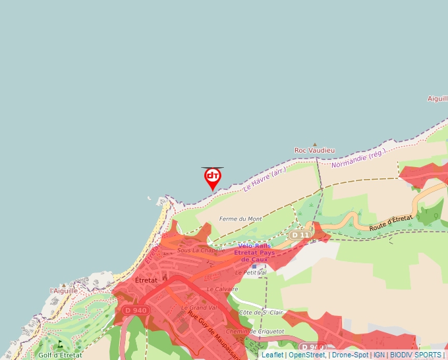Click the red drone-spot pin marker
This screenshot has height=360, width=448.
click(x=212, y=177)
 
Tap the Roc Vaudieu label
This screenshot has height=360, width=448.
click(x=314, y=151)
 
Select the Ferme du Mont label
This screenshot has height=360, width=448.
click(x=240, y=219)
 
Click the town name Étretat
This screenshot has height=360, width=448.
click(x=146, y=280)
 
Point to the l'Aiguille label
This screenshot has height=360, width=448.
click(x=64, y=290)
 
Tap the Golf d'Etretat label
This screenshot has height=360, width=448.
click(x=60, y=355)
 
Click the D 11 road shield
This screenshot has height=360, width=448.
click(x=300, y=235)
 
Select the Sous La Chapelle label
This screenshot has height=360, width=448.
click(x=201, y=250)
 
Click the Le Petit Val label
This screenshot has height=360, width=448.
click(x=250, y=272)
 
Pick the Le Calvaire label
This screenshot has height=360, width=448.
click(x=222, y=289)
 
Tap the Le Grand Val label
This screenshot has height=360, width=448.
click(x=198, y=307)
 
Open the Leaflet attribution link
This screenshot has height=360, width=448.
click(x=272, y=355)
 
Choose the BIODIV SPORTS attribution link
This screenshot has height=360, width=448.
click(x=416, y=355)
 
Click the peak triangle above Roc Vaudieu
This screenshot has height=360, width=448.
click(x=315, y=144)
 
